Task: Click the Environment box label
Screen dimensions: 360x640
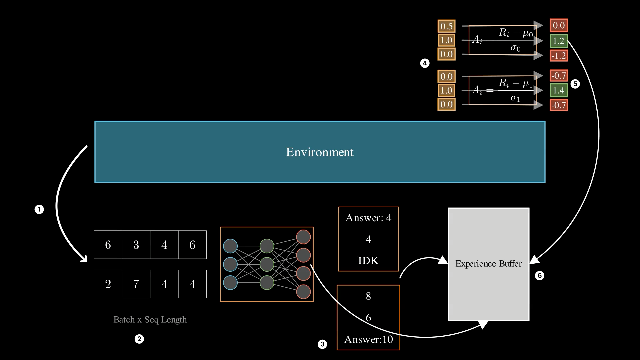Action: [320, 152]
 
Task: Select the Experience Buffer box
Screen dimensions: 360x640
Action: [488, 264]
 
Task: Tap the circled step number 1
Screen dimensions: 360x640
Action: [39, 209]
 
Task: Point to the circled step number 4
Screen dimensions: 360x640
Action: [425, 63]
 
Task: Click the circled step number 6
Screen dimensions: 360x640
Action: [539, 276]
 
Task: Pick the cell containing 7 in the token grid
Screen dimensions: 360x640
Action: [136, 284]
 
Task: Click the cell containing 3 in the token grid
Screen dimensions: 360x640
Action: [136, 245]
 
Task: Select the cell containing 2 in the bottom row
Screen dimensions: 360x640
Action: [108, 284]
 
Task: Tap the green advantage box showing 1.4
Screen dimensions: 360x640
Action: [559, 90]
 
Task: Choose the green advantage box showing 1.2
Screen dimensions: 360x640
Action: [559, 41]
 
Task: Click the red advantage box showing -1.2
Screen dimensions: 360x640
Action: [559, 56]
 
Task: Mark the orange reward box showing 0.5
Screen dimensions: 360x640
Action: [446, 26]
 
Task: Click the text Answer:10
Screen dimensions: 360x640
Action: [368, 339]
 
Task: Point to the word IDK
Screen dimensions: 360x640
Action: [368, 260]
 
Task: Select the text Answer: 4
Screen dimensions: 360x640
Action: [368, 218]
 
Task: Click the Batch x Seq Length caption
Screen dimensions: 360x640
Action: [150, 320]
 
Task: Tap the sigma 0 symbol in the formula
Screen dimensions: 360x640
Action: [515, 48]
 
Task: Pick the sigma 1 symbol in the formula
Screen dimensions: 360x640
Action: [515, 98]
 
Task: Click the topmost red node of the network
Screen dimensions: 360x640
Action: [303, 237]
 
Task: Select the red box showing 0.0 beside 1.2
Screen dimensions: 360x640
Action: [559, 26]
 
